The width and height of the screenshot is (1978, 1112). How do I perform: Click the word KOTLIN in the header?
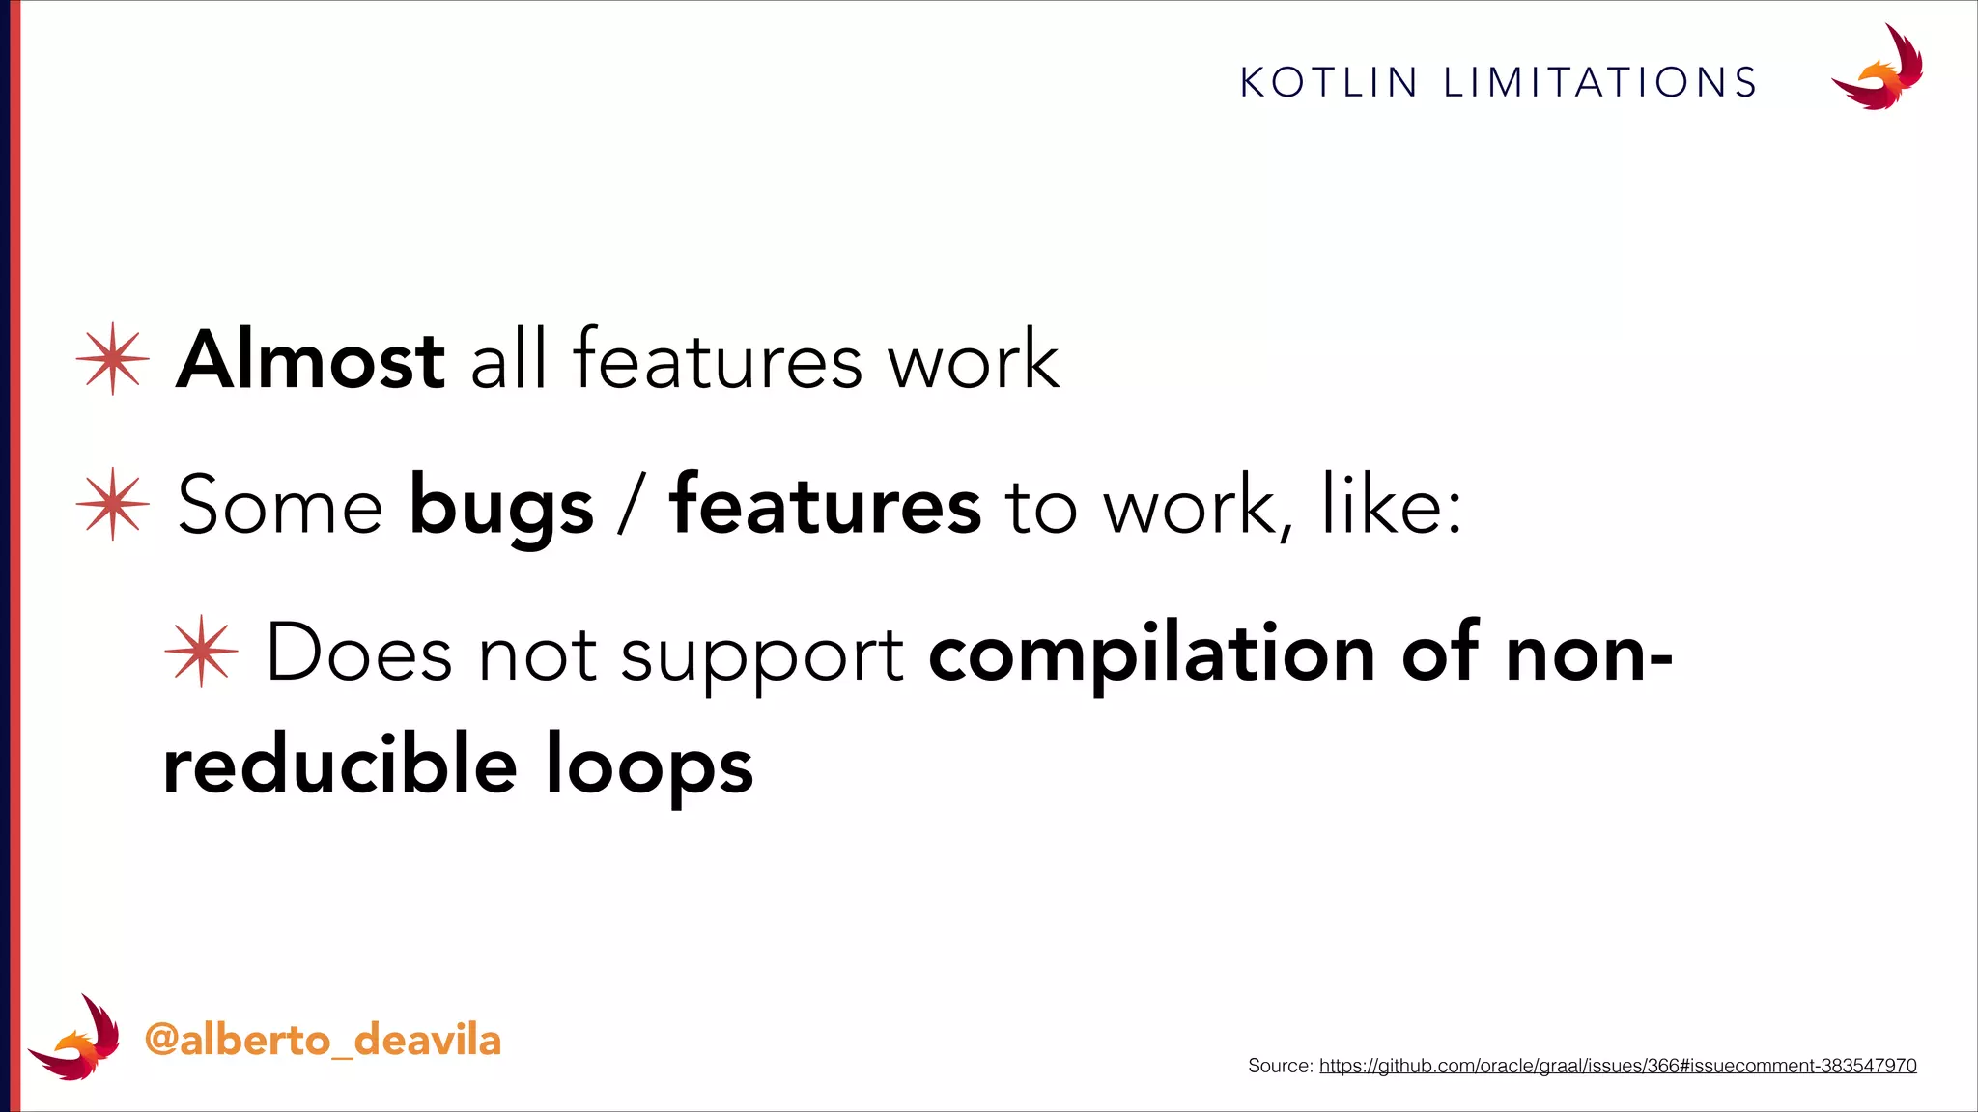coord(1328,83)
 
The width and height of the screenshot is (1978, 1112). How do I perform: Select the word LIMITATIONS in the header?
coord(1600,83)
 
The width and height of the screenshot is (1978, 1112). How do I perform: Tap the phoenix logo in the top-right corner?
coord(1878,69)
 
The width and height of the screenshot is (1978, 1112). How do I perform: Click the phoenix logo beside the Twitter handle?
coord(74,1038)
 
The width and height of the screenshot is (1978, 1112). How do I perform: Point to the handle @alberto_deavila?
coord(323,1041)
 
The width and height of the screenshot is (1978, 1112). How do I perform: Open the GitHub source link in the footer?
coord(1618,1066)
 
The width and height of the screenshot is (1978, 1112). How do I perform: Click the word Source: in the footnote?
coord(1280,1066)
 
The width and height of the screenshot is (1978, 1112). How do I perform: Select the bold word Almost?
coord(310,360)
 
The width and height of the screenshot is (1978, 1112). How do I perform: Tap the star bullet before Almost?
coord(113,359)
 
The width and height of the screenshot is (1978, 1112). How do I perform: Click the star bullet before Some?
coord(113,505)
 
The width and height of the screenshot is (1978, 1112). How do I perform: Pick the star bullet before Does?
coord(201,652)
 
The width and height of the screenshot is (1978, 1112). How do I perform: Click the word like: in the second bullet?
coord(1391,505)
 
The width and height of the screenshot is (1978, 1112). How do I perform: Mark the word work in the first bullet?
coord(974,360)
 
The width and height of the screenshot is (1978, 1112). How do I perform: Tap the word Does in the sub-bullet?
coord(358,653)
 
